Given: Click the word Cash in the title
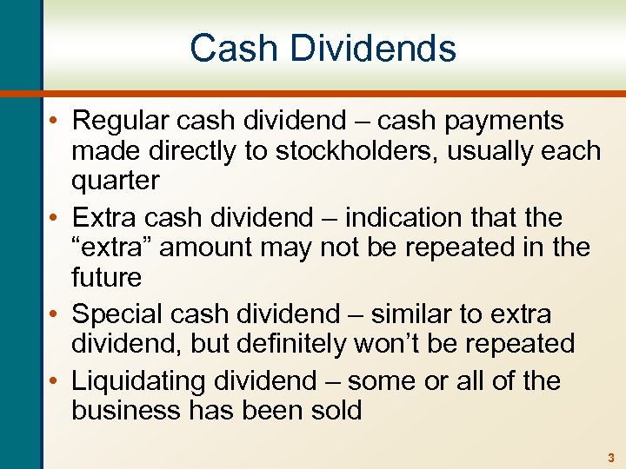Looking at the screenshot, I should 228,49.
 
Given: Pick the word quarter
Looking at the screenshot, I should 116,181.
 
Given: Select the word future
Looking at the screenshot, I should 106,278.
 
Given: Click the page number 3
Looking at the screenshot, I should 610,457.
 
